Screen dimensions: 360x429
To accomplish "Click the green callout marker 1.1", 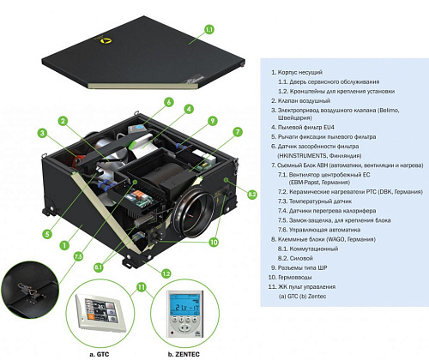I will [208, 30].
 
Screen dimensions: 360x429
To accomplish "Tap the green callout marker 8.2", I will [252, 195].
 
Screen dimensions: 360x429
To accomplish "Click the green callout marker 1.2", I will [162, 272].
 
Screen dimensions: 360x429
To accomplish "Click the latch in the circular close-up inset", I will [27, 292].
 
